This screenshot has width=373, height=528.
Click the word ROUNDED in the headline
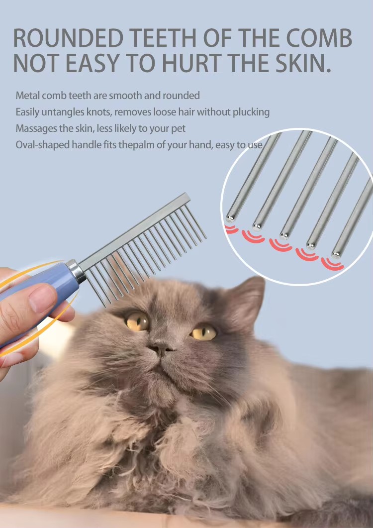[x=68, y=38]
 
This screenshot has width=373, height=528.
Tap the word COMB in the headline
[x=319, y=38]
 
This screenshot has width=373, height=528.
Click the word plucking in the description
[x=251, y=112]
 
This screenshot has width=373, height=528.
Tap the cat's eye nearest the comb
[x=137, y=321]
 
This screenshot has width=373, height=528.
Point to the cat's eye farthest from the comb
[x=203, y=333]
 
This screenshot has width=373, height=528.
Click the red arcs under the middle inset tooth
[x=280, y=244]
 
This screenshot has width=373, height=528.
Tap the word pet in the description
[x=178, y=129]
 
